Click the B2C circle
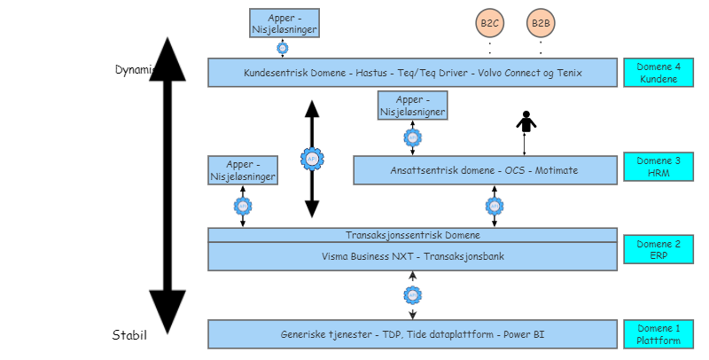[490, 23]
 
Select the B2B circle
[541, 23]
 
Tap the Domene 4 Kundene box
[658, 73]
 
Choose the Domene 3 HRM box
[658, 167]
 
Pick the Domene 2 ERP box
[658, 249]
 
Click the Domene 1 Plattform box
[658, 334]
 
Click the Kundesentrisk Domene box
[412, 73]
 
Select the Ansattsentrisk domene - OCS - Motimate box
[485, 170]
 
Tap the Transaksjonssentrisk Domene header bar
[412, 235]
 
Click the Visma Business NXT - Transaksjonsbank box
[412, 256]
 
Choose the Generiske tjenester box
[412, 334]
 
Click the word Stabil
[129, 335]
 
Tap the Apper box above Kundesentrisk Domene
[284, 23]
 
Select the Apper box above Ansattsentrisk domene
[412, 106]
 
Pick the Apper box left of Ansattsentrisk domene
[243, 170]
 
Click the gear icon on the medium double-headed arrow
[311, 159]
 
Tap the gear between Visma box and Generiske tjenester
[412, 294]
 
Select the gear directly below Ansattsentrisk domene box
[495, 206]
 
